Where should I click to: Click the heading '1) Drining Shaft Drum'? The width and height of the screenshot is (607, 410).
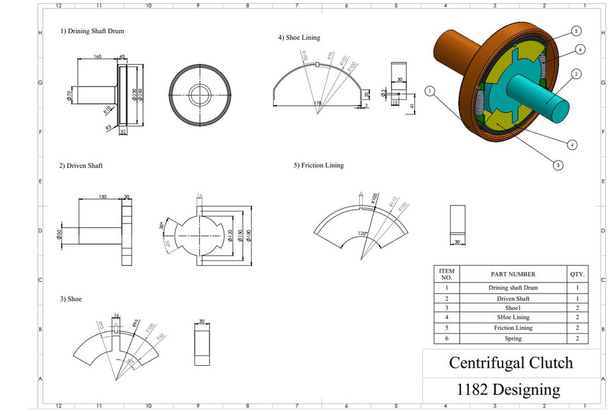(92, 31)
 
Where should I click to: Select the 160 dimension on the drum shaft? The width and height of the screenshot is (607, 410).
(97, 56)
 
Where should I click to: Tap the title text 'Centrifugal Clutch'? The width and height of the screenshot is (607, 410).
(511, 363)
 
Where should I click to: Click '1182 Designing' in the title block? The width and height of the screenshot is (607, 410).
(508, 389)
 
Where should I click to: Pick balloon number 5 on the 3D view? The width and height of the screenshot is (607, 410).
(576, 31)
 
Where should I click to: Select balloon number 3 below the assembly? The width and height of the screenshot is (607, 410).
(558, 165)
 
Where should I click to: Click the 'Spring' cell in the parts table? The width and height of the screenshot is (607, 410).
(513, 338)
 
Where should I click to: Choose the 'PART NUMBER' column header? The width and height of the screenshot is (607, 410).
(513, 274)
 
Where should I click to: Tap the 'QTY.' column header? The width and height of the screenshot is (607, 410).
(577, 274)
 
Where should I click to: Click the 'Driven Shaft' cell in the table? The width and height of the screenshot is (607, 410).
(513, 299)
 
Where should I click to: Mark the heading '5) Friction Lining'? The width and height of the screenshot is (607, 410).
(319, 165)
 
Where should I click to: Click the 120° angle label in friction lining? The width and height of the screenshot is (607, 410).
(363, 234)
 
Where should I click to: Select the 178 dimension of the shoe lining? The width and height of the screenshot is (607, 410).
(317, 102)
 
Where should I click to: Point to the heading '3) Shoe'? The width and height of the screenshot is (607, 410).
(71, 299)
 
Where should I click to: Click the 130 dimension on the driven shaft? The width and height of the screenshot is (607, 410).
(103, 197)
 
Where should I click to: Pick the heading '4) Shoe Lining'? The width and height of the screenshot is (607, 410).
(299, 38)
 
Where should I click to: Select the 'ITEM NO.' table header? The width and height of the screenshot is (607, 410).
(447, 274)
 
